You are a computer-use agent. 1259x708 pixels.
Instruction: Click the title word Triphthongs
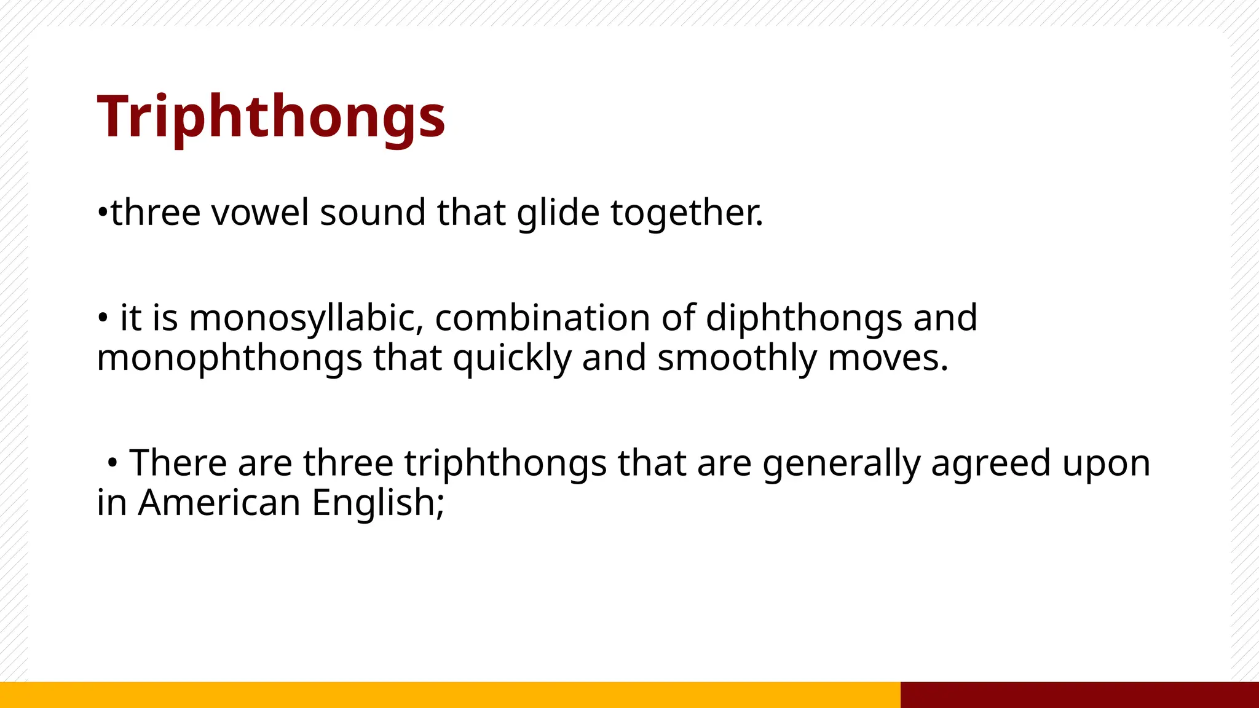(271, 117)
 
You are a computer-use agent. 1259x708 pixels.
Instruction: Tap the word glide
(558, 213)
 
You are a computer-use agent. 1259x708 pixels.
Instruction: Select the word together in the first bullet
(686, 213)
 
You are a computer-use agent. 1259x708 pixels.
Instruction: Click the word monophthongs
(229, 358)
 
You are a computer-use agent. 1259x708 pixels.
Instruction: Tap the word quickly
(512, 358)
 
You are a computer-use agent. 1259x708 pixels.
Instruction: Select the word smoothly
(736, 358)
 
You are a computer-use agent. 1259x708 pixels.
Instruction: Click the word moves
(888, 358)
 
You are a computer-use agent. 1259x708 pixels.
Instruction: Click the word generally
(841, 463)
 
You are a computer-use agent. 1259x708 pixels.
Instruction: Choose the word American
(219, 503)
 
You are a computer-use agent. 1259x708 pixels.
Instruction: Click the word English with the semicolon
(377, 503)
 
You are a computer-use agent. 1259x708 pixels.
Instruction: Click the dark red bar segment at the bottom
(1079, 694)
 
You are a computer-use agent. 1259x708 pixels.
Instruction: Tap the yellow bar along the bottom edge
(449, 694)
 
